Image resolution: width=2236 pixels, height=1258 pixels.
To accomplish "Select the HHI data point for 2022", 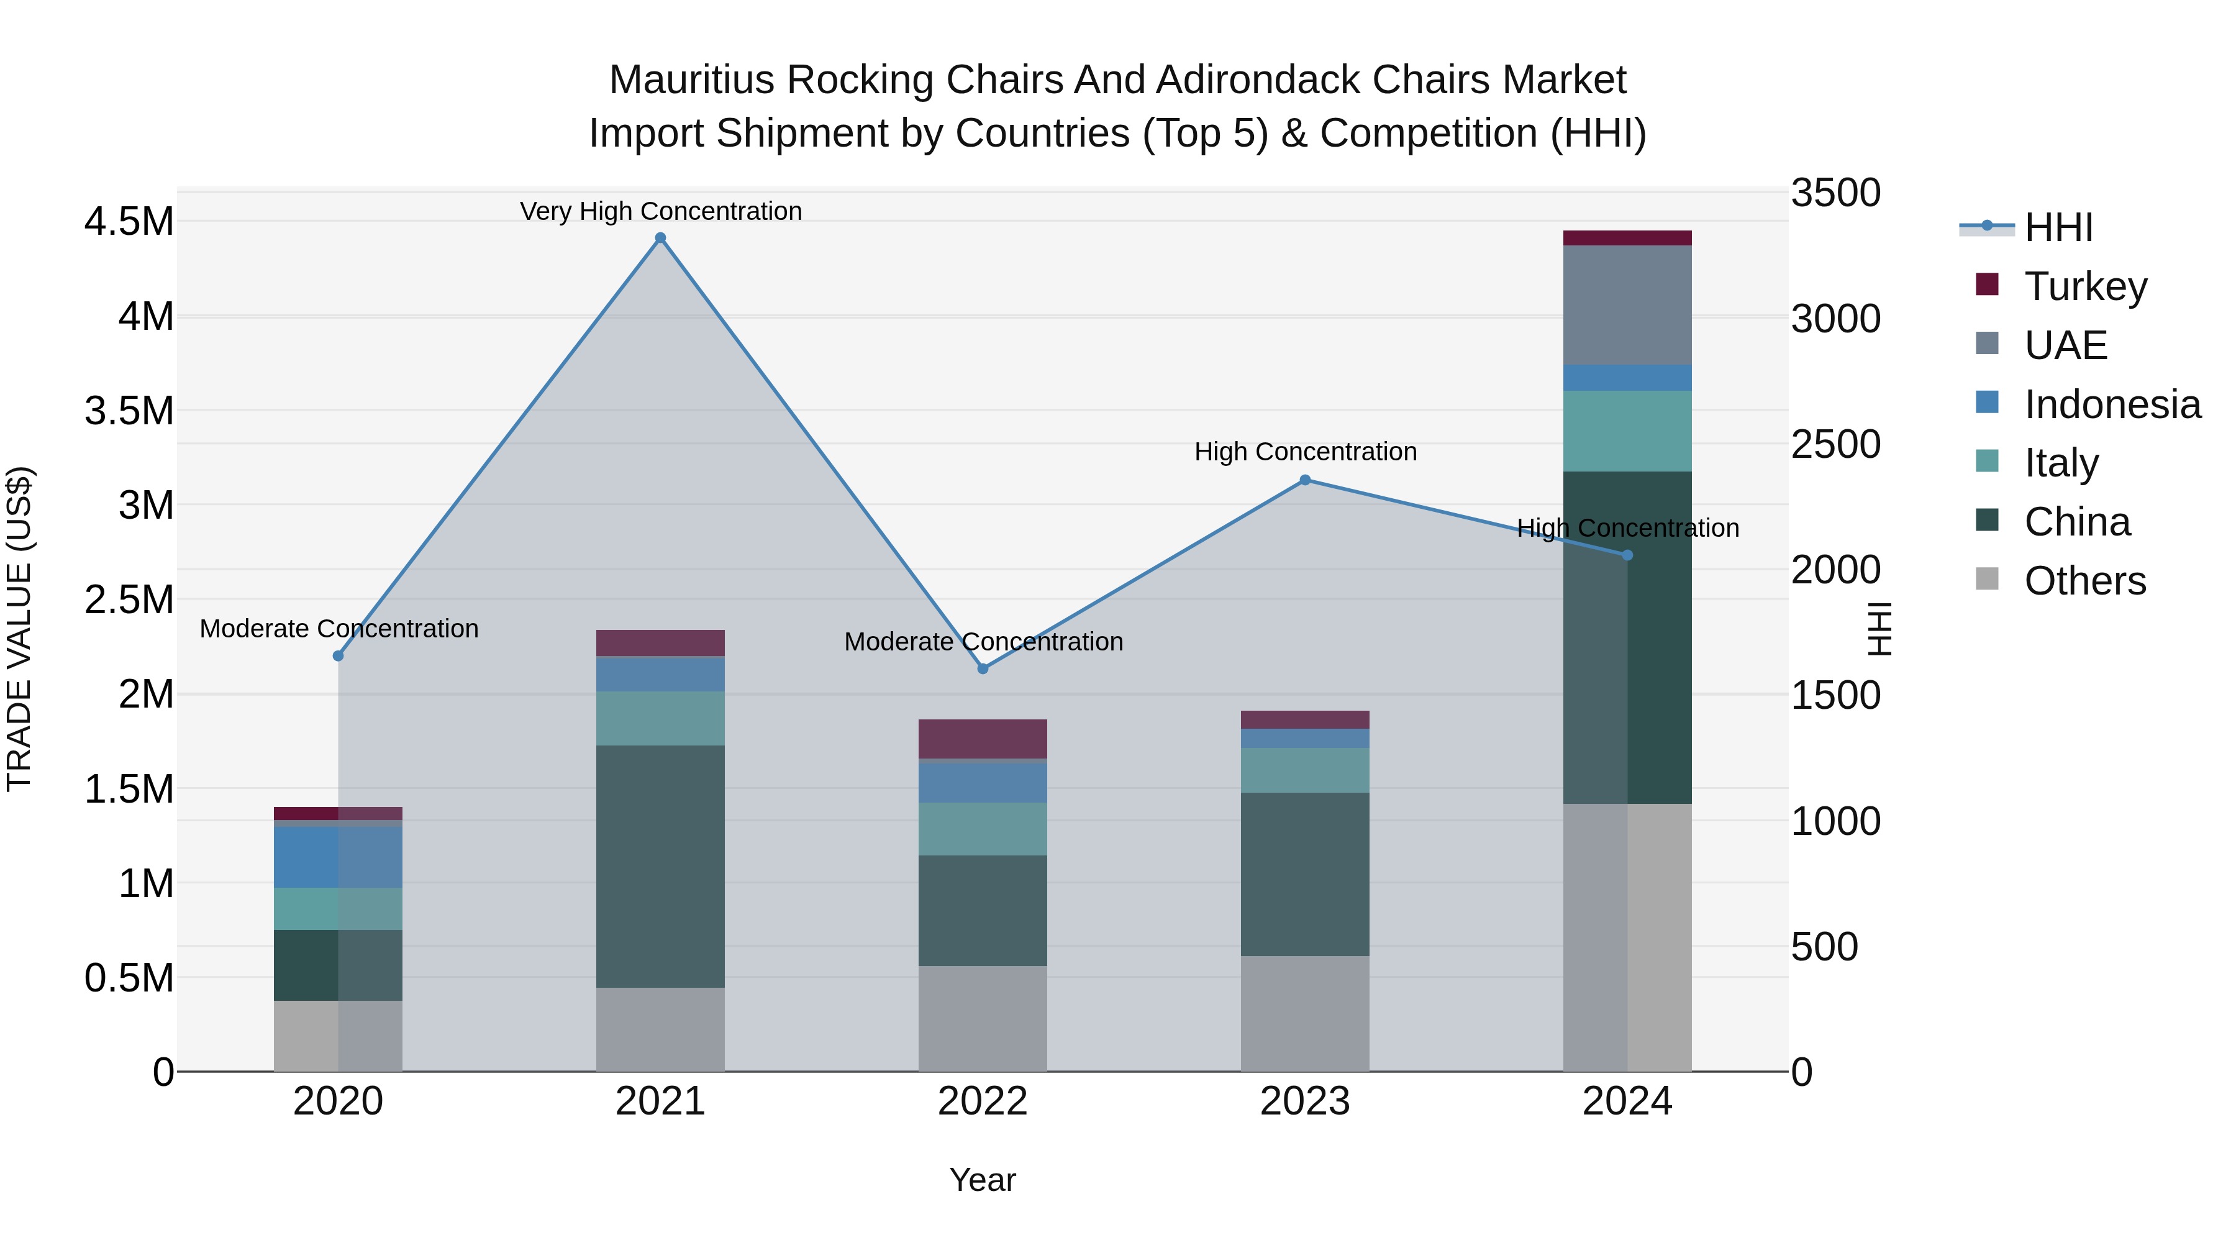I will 983,668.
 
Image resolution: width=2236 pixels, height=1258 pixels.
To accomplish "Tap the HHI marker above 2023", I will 1304,480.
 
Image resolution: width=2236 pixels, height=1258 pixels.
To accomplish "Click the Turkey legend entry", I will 2085,286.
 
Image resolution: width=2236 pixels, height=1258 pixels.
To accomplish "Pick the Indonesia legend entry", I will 2111,404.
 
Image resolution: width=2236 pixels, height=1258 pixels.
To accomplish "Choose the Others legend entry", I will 2084,580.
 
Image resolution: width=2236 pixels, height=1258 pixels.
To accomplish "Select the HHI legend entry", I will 2057,227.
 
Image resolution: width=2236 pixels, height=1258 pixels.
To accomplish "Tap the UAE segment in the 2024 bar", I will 1627,305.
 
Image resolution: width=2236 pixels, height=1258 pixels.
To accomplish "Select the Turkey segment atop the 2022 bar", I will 983,739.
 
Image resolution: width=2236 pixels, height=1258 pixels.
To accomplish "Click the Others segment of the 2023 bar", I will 1304,1013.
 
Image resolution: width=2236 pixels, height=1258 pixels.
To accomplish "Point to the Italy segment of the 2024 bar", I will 1627,431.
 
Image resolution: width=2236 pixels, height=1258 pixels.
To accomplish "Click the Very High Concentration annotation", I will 661,211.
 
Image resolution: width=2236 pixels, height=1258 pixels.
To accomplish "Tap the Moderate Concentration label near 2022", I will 983,642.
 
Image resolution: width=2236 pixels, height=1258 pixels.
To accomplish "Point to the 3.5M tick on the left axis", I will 129,411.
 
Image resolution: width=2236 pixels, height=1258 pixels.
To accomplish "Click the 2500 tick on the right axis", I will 1835,445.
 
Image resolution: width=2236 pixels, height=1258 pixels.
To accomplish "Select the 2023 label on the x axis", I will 1304,1101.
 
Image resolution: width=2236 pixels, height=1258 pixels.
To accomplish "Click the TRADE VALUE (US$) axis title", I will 20,629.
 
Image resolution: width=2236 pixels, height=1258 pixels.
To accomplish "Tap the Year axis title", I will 983,1180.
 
